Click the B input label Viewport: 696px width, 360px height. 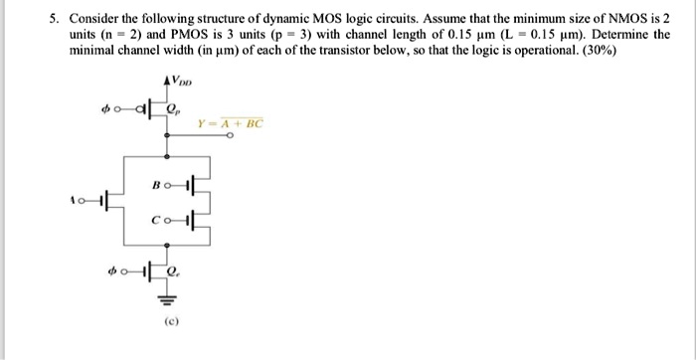tap(156, 185)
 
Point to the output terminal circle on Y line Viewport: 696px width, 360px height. tap(230, 139)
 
